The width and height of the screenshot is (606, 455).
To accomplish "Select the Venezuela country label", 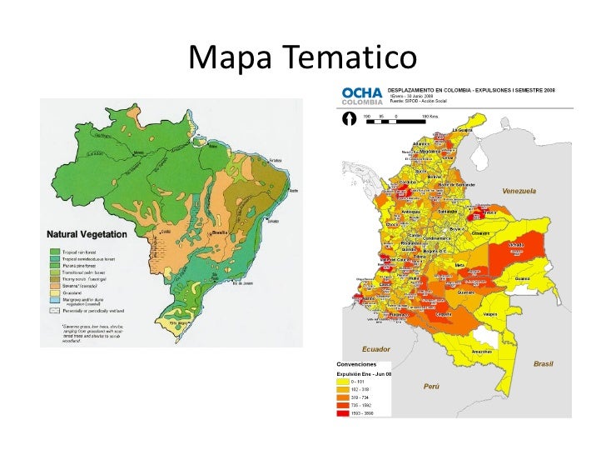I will point(519,191).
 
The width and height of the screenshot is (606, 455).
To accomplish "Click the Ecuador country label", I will point(375,348).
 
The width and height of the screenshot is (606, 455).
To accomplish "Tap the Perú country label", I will point(431,387).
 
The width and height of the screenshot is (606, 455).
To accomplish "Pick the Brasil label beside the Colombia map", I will point(543,364).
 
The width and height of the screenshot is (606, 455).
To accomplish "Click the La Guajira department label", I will point(463,130).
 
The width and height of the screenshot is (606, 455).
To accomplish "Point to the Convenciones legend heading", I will point(355,364).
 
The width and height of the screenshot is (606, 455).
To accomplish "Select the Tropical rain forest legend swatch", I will point(54,252).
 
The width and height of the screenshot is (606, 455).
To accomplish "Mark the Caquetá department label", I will point(444,314).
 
